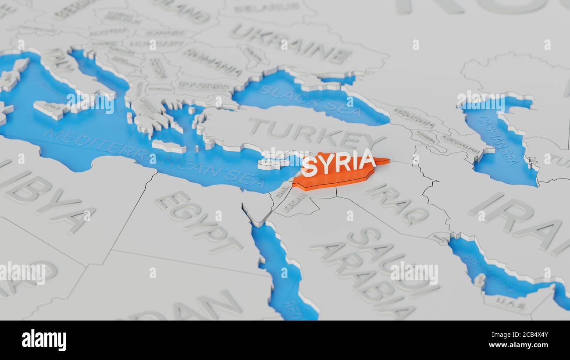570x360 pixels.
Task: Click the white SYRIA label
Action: [x=339, y=163]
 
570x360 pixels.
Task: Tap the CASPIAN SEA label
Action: [x=499, y=140]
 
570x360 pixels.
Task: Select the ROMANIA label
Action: [x=212, y=62]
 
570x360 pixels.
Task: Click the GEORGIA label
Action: [x=414, y=118]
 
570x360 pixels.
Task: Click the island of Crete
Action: [x=169, y=147]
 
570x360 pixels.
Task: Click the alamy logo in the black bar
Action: [x=44, y=340]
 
